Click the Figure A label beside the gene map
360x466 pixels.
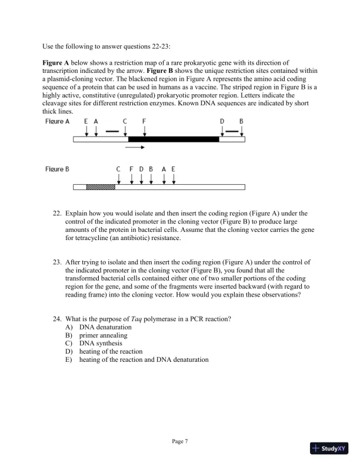click(57, 121)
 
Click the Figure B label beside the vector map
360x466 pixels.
click(57, 169)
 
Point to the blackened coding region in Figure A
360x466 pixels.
click(174, 139)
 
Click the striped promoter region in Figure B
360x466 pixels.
click(100, 187)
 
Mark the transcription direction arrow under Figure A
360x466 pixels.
click(135, 148)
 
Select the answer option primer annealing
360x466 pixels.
click(104, 335)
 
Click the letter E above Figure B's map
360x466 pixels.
click(173, 169)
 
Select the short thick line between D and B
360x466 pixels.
click(232, 131)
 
